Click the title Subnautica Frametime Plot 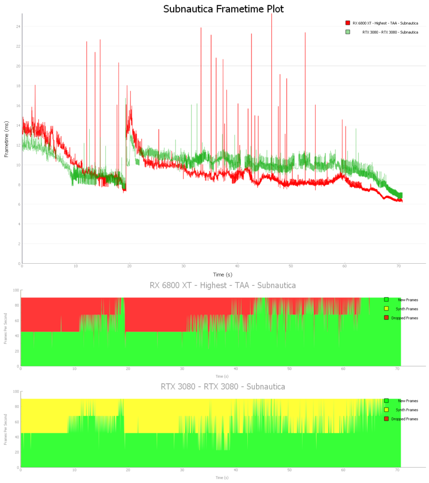pos(223,9)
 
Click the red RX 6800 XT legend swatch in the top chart pos(348,23)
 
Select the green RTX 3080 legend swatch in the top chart pos(348,32)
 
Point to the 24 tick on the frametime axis pos(18,26)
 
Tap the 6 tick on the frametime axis pos(19,204)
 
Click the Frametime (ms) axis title pos(7,139)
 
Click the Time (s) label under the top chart pos(222,274)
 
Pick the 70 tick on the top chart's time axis pos(399,267)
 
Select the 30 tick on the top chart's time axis pos(184,267)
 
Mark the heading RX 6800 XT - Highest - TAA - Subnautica pos(223,285)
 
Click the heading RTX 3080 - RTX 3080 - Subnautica pos(223,387)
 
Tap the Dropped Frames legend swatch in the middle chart pos(386,318)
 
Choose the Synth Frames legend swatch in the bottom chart pos(386,410)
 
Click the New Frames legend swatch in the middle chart pos(386,300)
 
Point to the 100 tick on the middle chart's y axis pos(17,291)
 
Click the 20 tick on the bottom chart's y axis pos(17,452)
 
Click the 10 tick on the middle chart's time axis pos(75,369)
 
